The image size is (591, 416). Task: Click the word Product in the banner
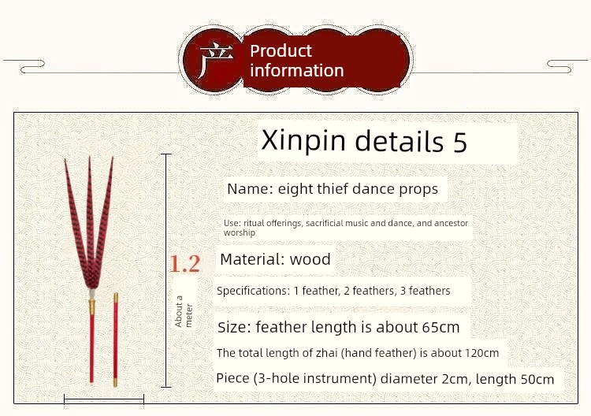[x=281, y=51]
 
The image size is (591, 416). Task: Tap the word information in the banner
[x=296, y=70]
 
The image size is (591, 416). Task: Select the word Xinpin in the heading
[x=303, y=140]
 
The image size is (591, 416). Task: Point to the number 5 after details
[x=460, y=142]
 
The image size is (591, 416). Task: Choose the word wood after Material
[x=310, y=259]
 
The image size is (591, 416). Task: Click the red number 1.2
[x=184, y=264]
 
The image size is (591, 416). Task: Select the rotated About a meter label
[x=184, y=311]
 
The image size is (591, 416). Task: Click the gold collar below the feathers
[x=91, y=307]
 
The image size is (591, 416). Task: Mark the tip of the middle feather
[x=90, y=157]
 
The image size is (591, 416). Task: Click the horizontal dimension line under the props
[x=104, y=399]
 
